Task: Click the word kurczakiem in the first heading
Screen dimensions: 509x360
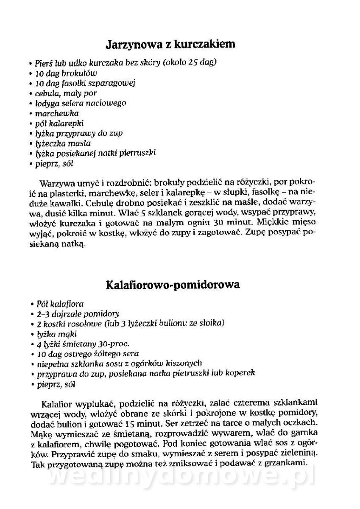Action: (x=205, y=44)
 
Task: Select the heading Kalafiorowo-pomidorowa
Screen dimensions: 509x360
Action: (x=173, y=284)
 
